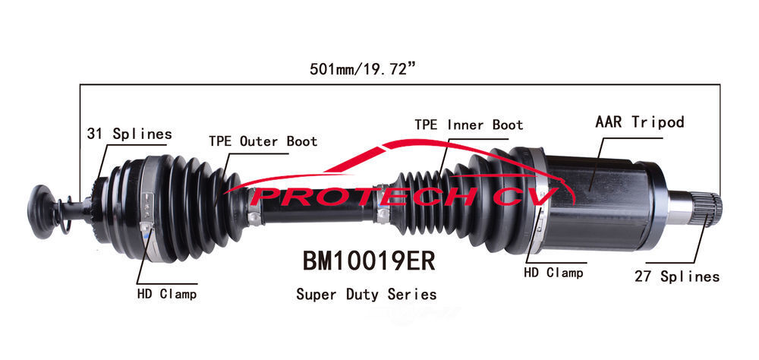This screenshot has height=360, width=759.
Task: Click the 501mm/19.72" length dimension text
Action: coord(361,69)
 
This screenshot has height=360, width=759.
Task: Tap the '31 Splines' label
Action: coord(128,134)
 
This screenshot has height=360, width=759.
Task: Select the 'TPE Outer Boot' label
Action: coord(263,141)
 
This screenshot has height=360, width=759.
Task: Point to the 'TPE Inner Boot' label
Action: coord(468,125)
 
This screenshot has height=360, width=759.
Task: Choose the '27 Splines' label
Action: coord(676,276)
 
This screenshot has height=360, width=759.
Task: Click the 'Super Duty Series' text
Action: coord(366,294)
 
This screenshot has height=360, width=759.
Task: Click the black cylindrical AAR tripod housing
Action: coord(600,201)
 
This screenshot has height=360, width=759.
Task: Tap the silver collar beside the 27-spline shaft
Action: coord(682,207)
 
